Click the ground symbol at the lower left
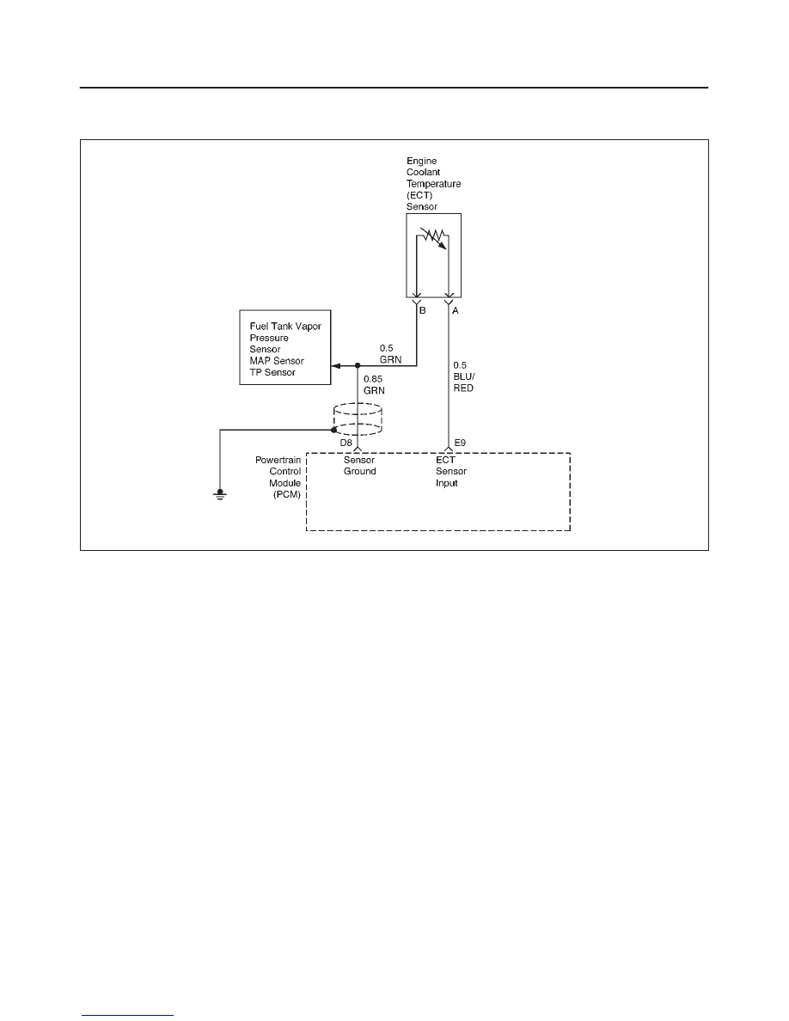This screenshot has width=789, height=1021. coord(220,494)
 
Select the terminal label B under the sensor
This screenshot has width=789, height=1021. coord(423,310)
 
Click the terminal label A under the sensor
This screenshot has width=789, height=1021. coord(455,310)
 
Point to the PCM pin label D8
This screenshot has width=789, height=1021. coord(346,443)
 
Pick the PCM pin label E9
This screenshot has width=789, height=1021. coord(460,443)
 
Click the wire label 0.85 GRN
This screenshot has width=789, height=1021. coord(374,385)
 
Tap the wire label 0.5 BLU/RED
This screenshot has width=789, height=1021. coord(464,376)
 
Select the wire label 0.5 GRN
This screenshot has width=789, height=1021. coord(390,354)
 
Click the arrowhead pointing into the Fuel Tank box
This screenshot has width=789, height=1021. coord(335,366)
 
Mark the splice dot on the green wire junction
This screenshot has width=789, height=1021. coord(358,366)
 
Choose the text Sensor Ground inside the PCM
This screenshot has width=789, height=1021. coord(360,466)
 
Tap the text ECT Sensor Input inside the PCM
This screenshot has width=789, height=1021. coord(451,472)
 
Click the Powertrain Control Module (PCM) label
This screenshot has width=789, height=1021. coord(278,477)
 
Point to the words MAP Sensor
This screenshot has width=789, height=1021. coord(277,361)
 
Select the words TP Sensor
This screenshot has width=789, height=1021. coord(272,372)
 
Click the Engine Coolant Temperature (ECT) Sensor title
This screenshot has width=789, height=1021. coord(433,184)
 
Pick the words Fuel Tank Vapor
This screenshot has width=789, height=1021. coord(285,327)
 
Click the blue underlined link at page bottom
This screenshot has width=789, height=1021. coord(127,1014)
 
